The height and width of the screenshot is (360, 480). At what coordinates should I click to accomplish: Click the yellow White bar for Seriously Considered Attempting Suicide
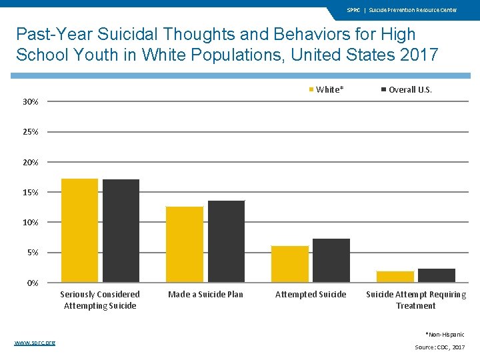pos(79,230)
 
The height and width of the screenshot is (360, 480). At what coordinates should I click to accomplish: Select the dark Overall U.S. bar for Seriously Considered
pos(121,231)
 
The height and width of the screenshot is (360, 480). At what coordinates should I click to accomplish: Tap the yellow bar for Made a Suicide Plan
pos(185,244)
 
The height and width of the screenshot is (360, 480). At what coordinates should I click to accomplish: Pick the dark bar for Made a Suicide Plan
pos(226,241)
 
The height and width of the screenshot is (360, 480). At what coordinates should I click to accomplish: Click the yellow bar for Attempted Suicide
pos(290,264)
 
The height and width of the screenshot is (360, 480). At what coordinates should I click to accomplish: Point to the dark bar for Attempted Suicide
pos(331,260)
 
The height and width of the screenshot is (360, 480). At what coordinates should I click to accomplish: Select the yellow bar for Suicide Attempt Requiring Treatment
pos(395,277)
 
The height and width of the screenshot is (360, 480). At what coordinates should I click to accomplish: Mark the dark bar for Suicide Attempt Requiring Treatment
pos(437,275)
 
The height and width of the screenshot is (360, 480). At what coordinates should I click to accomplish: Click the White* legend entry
pos(326,89)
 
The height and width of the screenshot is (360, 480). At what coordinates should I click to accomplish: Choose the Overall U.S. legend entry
pos(406,89)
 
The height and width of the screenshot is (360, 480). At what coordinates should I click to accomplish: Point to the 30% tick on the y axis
pos(31,102)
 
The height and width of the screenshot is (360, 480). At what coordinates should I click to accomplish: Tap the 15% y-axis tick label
pos(31,193)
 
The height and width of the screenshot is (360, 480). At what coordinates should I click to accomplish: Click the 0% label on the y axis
pos(33,283)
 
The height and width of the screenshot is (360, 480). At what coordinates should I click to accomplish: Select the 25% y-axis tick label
pos(31,132)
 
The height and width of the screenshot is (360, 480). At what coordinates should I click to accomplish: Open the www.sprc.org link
pos(35,342)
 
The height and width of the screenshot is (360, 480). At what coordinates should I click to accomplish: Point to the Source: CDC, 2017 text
pos(440,347)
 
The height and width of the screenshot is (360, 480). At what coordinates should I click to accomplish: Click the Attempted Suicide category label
pos(311,295)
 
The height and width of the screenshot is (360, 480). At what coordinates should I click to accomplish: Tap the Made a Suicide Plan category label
pos(205,295)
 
